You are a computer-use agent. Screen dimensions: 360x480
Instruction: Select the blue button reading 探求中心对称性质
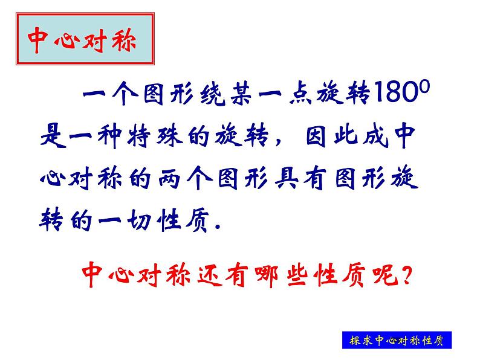coord(396,340)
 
